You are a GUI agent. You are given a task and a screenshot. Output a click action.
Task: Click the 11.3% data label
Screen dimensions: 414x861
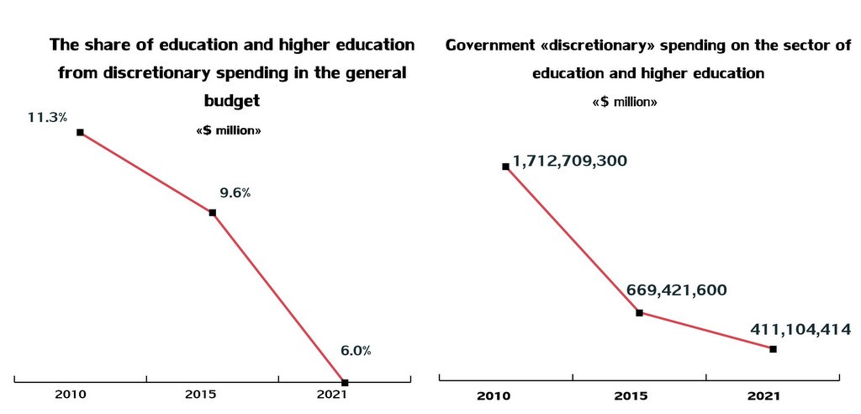click(47, 118)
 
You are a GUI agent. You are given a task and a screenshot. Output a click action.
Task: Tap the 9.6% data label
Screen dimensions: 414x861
click(235, 193)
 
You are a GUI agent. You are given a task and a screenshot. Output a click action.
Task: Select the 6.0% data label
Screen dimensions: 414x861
click(356, 351)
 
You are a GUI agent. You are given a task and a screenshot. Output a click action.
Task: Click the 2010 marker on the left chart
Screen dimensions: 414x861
click(80, 132)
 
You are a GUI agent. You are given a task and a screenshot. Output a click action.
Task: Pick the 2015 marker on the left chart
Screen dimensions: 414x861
click(213, 213)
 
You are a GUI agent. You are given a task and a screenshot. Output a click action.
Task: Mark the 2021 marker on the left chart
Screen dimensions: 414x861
click(345, 382)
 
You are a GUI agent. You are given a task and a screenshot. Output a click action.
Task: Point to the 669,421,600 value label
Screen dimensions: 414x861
click(677, 291)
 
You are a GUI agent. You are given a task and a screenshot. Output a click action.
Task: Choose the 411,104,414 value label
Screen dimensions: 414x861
click(802, 329)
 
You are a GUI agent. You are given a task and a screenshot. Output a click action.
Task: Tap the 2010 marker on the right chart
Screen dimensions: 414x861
click(505, 167)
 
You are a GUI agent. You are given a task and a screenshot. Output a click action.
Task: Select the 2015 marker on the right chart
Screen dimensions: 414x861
click(640, 313)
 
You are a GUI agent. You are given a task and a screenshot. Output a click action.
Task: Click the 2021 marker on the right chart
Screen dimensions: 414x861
click(773, 348)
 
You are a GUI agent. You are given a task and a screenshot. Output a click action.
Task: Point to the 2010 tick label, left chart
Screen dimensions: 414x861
click(71, 394)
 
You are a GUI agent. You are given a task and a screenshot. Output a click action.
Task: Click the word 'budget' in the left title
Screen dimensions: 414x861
click(232, 100)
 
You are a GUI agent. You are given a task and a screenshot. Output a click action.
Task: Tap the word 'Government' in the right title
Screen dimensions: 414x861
click(490, 45)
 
